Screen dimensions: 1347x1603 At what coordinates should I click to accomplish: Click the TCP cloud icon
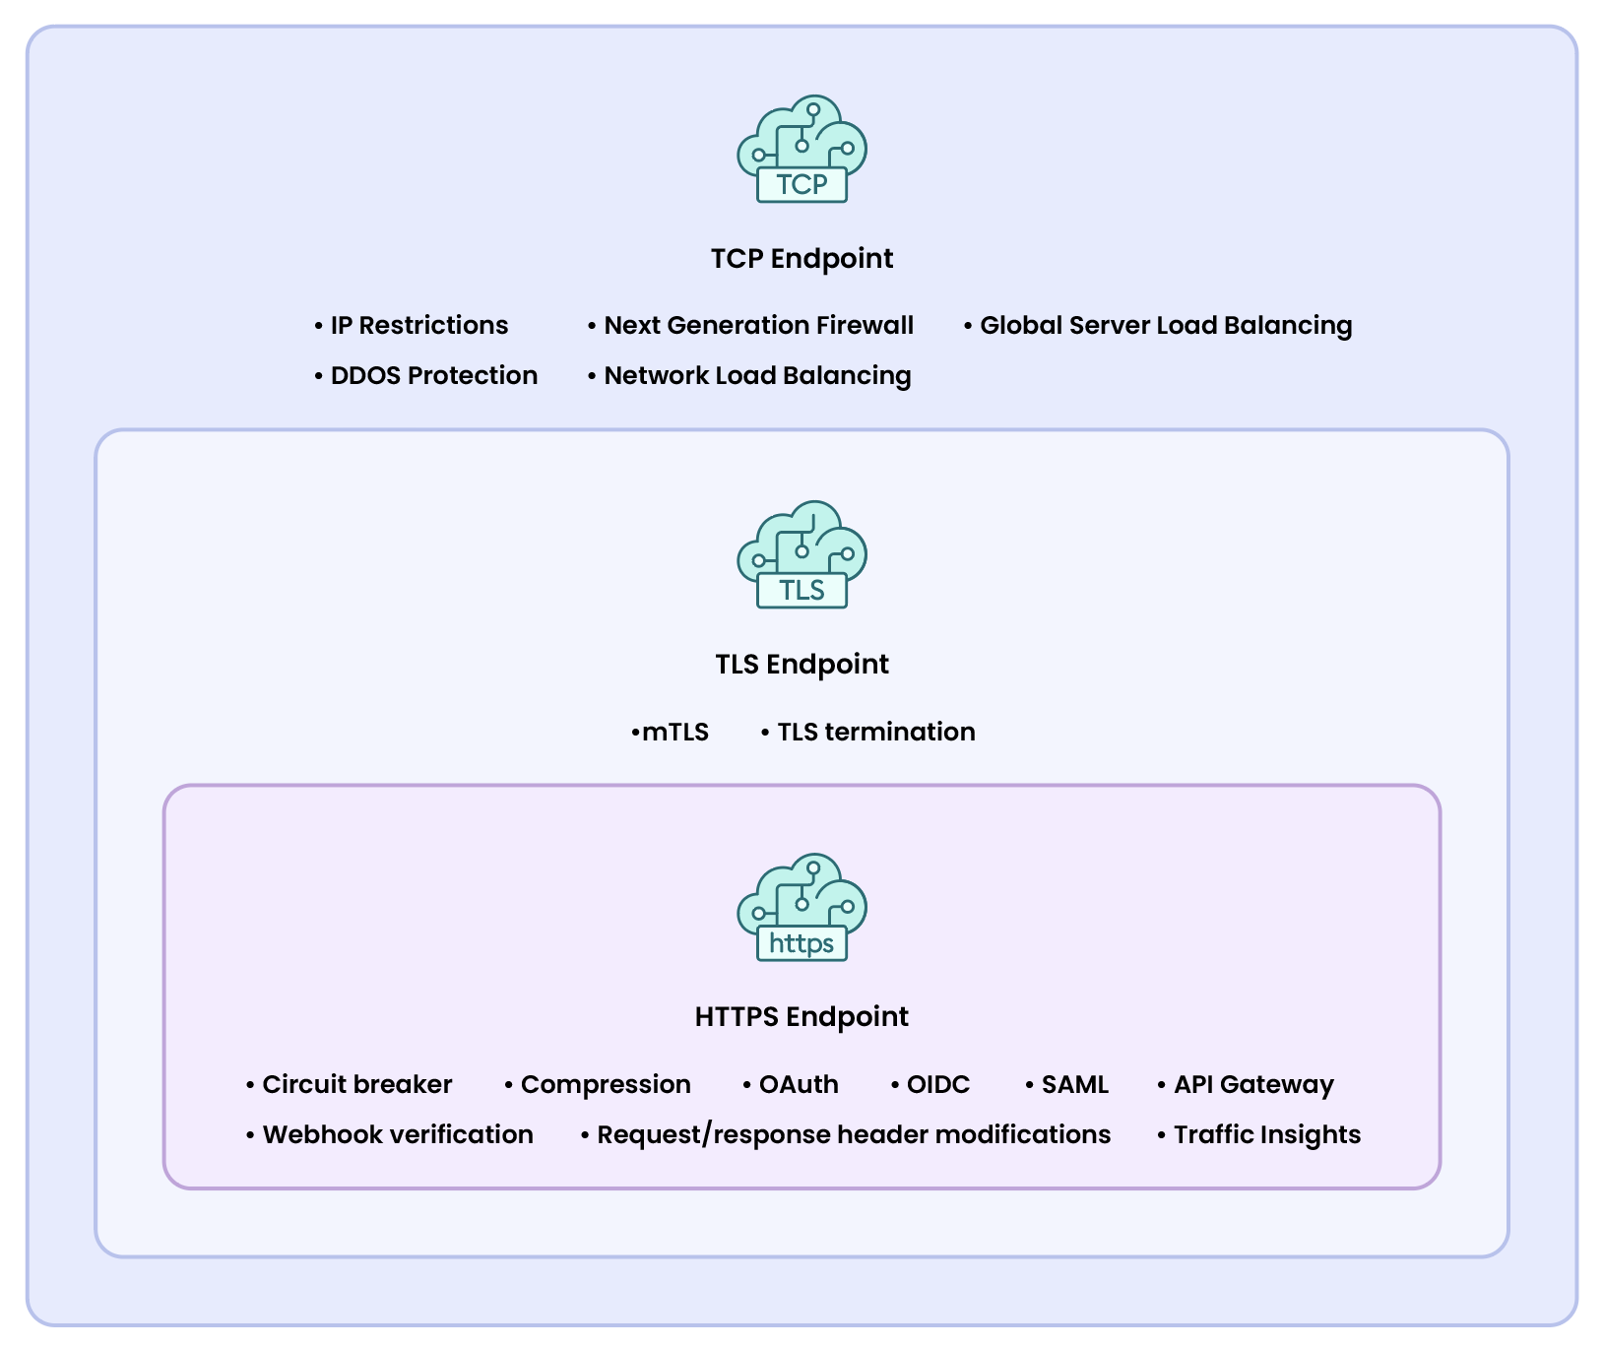pos(801,150)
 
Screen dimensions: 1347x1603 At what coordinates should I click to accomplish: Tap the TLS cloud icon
pos(801,555)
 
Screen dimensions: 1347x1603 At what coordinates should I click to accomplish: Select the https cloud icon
pos(801,908)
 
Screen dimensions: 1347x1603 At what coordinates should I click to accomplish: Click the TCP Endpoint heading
pos(801,259)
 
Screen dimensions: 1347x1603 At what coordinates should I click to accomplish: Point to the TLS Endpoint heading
pos(801,665)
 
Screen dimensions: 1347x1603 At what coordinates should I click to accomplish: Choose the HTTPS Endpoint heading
pos(801,1017)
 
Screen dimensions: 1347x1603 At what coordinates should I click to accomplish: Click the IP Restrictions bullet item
pos(418,326)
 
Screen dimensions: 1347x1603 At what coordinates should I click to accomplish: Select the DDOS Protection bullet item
pos(433,376)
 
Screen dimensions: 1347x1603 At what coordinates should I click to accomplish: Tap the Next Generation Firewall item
pos(758,326)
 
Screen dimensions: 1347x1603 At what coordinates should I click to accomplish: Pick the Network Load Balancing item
pos(757,376)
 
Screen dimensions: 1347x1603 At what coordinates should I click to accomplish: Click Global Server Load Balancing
pos(1166,326)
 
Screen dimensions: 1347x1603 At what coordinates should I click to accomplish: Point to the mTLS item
pos(674,733)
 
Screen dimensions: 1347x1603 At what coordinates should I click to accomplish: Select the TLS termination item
pos(875,733)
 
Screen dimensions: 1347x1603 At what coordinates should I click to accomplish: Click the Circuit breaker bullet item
pos(356,1085)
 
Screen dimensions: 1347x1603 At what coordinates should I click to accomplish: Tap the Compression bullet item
pos(605,1085)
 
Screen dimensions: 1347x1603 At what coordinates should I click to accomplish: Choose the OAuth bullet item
pos(798,1085)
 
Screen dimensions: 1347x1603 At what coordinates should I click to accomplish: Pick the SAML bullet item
pos(1074,1085)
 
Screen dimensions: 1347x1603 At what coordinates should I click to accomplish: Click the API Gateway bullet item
pos(1252,1085)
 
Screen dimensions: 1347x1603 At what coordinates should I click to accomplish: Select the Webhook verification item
pos(397,1135)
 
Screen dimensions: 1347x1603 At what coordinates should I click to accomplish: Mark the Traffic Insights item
pos(1266,1135)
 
